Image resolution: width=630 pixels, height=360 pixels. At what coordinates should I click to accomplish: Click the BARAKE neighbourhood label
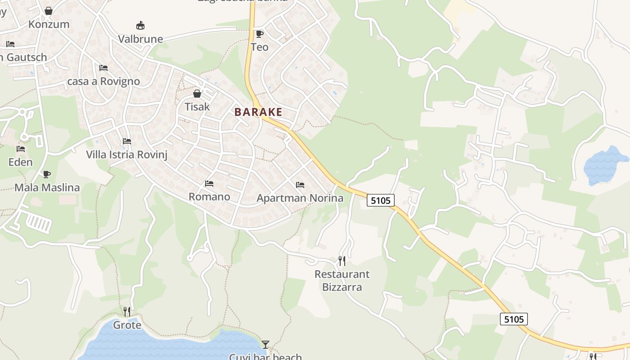258,112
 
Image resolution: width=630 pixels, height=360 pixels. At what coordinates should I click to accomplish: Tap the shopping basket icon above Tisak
197,94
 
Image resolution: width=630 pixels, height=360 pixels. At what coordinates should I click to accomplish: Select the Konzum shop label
49,24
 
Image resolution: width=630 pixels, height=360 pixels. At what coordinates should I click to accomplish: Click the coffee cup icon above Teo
259,34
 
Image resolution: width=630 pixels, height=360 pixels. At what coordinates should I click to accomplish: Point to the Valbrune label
140,39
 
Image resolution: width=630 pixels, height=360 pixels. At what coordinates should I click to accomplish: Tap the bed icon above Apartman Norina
300,185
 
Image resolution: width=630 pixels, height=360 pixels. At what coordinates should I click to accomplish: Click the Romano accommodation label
209,197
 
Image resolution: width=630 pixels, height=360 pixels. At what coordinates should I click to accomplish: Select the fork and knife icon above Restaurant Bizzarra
342,261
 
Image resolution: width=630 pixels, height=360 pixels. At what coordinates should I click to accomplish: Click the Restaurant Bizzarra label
342,280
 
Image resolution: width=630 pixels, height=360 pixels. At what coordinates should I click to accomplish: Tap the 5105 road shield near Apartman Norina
381,200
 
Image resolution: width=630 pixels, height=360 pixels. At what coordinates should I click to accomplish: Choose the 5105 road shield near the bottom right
514,319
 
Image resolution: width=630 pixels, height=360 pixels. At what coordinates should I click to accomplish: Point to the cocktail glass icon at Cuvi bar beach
265,345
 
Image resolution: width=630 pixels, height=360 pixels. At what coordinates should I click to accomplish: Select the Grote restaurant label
127,325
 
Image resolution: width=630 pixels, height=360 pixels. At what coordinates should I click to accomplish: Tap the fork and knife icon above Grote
127,312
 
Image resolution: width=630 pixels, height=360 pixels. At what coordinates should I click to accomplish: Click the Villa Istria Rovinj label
126,155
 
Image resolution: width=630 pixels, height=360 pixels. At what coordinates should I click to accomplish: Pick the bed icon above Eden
21,149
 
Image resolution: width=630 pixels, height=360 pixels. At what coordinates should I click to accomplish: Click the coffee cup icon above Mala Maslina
47,175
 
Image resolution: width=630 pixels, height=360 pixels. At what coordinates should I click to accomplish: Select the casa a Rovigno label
103,81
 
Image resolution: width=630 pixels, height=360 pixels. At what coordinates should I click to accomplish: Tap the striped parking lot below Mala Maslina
39,223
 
